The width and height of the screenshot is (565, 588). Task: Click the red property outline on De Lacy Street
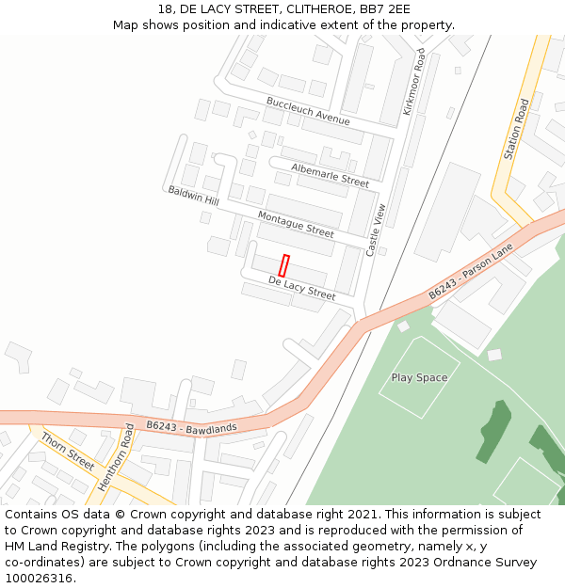click(283, 265)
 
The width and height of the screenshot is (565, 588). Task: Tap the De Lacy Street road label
click(301, 288)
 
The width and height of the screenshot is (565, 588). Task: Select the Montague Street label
click(296, 225)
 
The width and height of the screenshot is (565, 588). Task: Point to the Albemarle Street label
click(330, 174)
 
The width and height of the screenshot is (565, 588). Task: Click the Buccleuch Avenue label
click(307, 111)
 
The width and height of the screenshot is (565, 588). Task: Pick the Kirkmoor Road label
click(414, 82)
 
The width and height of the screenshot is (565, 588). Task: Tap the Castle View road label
click(376, 230)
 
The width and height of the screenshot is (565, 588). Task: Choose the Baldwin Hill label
click(193, 196)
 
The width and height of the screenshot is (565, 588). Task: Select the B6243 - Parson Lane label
click(471, 272)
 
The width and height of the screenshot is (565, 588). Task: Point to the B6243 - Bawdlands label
click(191, 427)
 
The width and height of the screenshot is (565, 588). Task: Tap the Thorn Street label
click(68, 451)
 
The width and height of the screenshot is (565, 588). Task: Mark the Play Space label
click(419, 377)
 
